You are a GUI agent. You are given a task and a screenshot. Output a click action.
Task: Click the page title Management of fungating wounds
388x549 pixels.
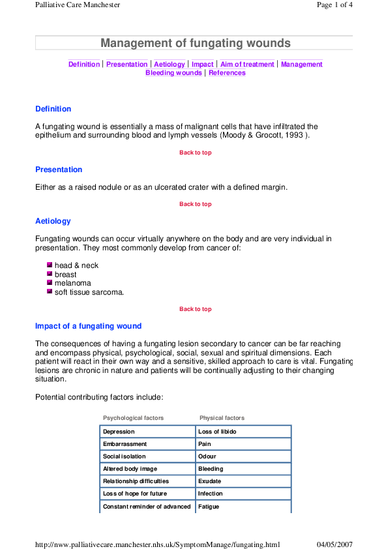point(195,44)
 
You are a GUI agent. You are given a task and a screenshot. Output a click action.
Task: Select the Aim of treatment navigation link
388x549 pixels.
point(247,65)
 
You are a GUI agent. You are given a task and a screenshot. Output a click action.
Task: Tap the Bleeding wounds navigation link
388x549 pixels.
point(173,73)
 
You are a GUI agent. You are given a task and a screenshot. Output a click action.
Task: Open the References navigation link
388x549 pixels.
point(227,73)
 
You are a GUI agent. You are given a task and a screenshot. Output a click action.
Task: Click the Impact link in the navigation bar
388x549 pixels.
point(203,65)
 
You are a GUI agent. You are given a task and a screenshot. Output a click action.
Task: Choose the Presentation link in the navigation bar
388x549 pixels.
point(127,65)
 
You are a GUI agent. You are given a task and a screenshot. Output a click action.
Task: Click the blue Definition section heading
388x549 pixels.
point(53,109)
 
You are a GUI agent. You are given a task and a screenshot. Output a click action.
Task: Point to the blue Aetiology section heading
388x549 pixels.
point(53,221)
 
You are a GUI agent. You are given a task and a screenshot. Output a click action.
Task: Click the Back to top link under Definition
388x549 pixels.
point(195,153)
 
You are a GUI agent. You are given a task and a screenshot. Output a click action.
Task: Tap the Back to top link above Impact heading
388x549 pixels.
point(195,309)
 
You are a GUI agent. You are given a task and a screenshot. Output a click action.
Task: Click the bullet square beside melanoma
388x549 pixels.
point(50,283)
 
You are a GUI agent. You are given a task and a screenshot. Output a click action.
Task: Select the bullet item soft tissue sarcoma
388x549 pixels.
point(89,292)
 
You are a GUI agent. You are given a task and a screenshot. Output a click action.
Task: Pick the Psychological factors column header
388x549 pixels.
point(133,418)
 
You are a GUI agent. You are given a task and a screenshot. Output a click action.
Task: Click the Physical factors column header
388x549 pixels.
point(222,418)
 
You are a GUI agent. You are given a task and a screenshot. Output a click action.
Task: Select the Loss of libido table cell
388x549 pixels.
point(217,432)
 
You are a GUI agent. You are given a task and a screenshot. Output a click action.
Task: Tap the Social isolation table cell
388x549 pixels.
point(125,456)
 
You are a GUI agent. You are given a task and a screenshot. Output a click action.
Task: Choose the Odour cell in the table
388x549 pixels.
point(207,456)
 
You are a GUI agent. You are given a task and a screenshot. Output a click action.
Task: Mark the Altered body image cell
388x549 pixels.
point(130,469)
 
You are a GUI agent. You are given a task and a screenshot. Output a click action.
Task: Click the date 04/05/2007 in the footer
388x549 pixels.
point(335,544)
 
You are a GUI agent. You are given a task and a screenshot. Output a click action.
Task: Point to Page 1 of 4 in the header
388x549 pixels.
point(335,5)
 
